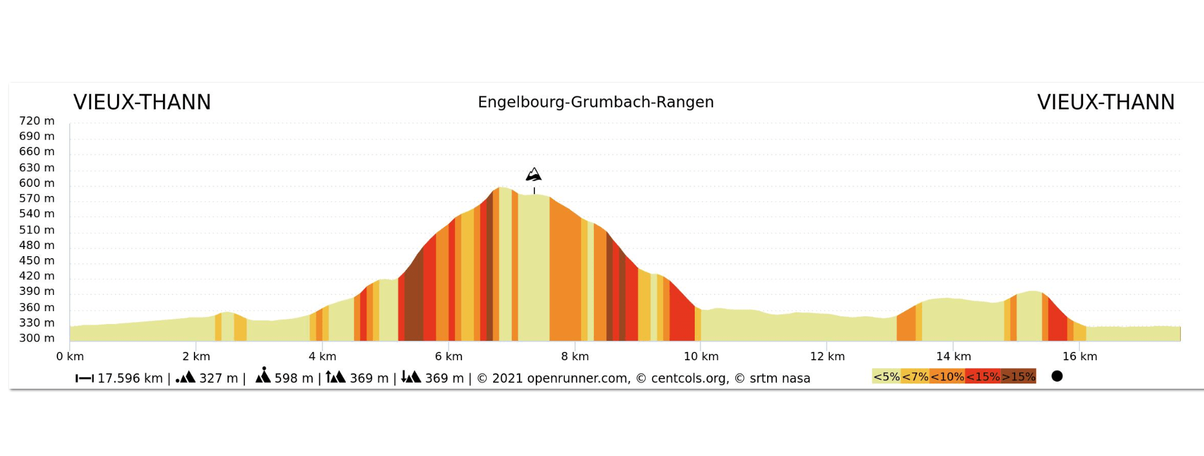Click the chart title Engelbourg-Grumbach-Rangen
tap(595, 102)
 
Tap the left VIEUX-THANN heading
tap(142, 102)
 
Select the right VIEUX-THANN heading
tap(1105, 102)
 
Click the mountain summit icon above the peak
tap(533, 175)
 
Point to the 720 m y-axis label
tap(37, 121)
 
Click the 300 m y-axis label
tap(37, 338)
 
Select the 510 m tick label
tap(37, 230)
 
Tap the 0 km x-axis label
tap(70, 356)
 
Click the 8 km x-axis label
tap(575, 356)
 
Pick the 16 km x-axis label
tap(1079, 356)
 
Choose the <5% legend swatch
tap(886, 376)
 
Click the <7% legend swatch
tap(915, 376)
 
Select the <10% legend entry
tap(947, 376)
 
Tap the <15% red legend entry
tap(983, 376)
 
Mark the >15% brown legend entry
tap(1019, 376)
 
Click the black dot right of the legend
tap(1057, 376)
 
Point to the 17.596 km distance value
tap(130, 378)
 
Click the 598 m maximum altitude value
tap(293, 378)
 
